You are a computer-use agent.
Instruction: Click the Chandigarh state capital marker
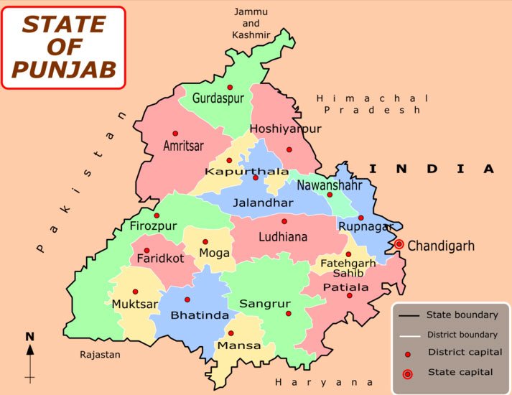tap(399, 245)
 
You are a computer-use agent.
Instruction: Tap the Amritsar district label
tap(183, 146)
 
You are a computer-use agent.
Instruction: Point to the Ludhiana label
tap(283, 236)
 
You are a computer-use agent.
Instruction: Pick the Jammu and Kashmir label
tap(251, 23)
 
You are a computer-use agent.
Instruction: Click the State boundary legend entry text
tap(462, 315)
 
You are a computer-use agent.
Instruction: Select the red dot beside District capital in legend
tap(408, 354)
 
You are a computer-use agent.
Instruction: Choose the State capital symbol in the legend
tap(408, 373)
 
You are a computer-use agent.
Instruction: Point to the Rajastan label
tap(101, 355)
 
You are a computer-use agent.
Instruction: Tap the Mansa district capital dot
tap(231, 333)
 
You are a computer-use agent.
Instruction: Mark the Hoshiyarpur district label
tap(285, 129)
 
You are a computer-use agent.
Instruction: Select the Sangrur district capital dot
tap(288, 313)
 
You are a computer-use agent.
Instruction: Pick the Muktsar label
tap(134, 305)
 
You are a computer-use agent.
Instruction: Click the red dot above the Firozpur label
tap(157, 215)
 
